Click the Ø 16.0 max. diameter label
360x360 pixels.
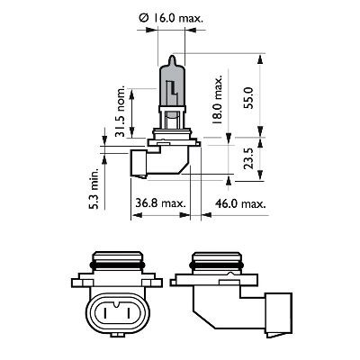(175, 14)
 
